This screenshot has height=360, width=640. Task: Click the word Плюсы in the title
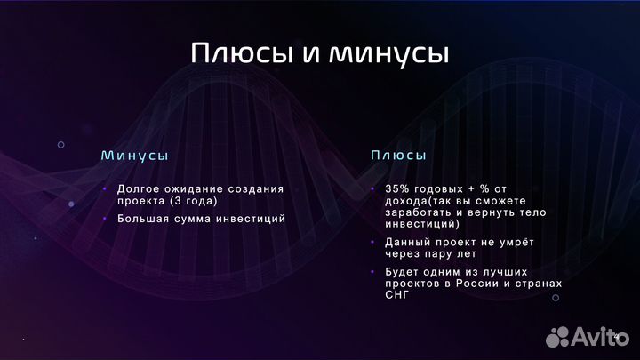pos(241,53)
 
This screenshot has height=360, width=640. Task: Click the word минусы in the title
pos(389,53)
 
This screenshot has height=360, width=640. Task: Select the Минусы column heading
pos(134,155)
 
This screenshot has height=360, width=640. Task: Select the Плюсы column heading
pos(398,155)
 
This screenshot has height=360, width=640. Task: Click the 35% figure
pos(397,188)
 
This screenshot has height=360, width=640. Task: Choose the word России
pos(481,283)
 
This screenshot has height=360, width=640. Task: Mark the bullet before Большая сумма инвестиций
pos(104,218)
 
